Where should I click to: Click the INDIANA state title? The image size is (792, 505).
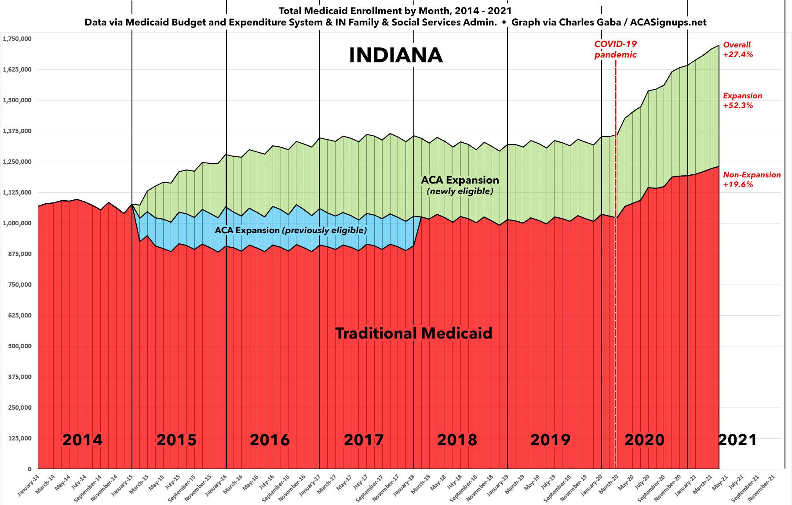(x=395, y=56)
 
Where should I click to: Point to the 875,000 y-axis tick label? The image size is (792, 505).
(x=19, y=254)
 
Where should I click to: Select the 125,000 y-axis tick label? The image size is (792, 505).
(x=19, y=438)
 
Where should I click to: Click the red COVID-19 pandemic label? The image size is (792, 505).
(x=615, y=49)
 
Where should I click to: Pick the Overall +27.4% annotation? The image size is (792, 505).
(x=738, y=49)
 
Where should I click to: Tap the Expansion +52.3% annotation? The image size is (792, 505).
(x=742, y=101)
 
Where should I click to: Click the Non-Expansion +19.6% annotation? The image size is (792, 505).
(x=752, y=180)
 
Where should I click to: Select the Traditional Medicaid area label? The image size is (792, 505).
(x=414, y=333)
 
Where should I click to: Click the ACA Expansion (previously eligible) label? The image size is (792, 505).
(x=290, y=230)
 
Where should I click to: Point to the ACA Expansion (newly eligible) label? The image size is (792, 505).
(x=460, y=185)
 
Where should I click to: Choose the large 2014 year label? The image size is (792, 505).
(x=83, y=440)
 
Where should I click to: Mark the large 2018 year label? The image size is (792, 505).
(x=457, y=440)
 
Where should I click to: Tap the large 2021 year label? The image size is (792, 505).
(x=737, y=440)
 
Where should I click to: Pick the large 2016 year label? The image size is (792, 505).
(x=270, y=440)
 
